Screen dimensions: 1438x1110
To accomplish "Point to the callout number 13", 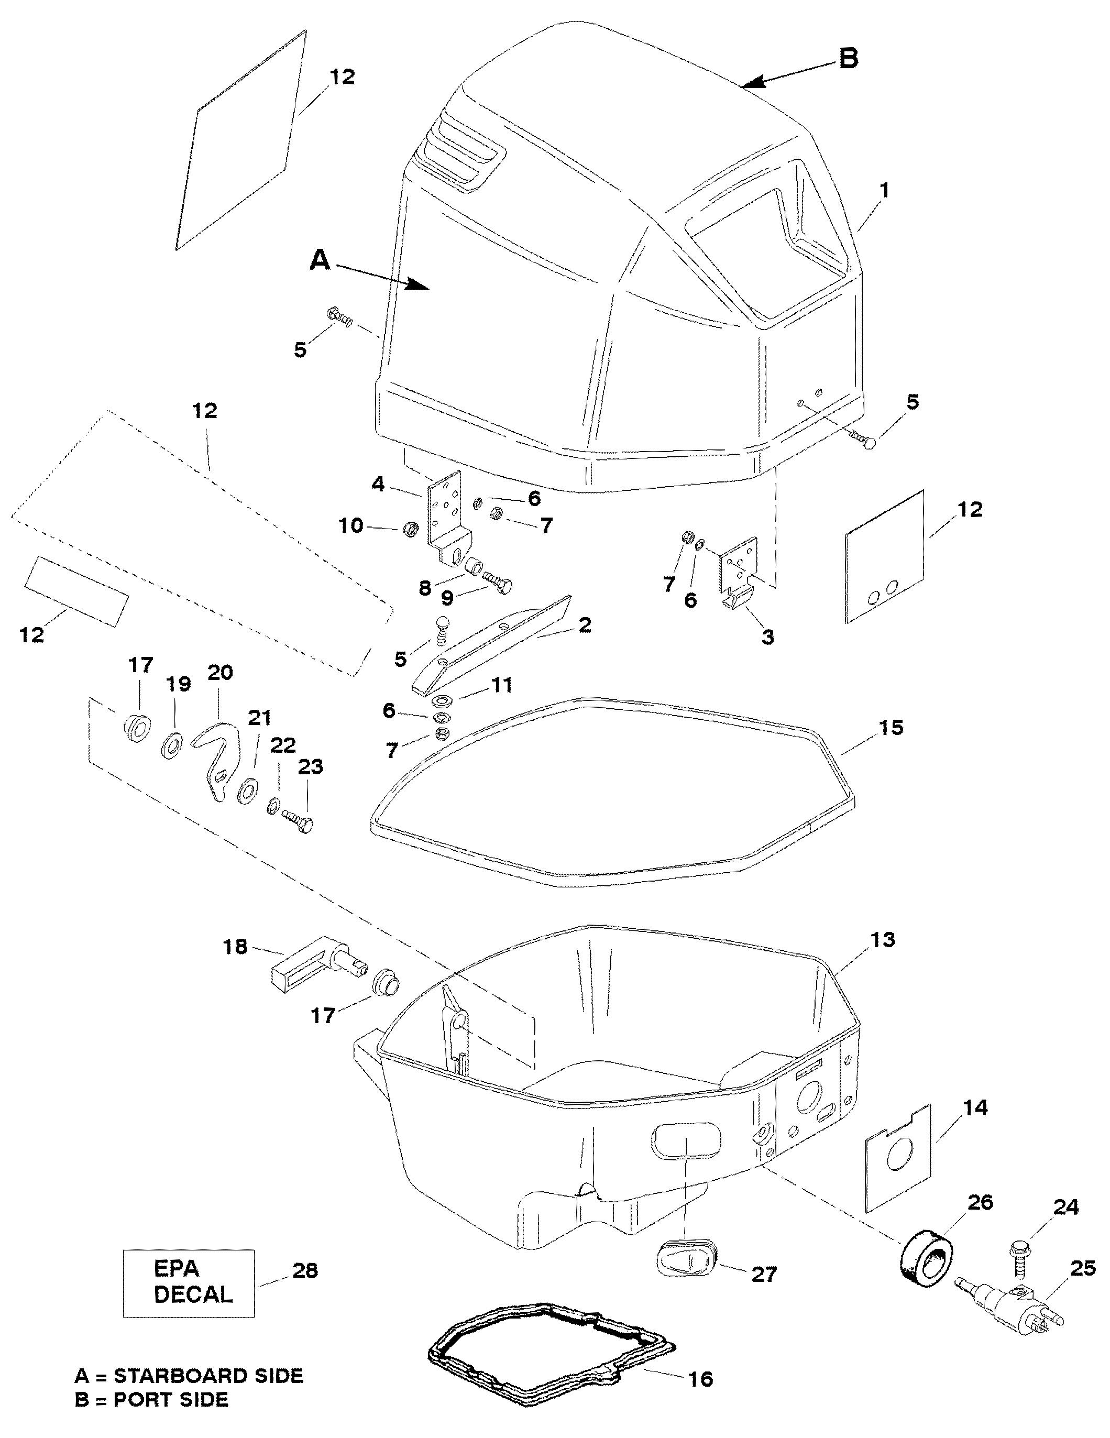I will (x=882, y=940).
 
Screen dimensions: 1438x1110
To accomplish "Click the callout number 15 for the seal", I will (x=890, y=728).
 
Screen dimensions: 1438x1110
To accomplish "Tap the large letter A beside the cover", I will (x=320, y=261).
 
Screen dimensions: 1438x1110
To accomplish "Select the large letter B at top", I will (x=849, y=59).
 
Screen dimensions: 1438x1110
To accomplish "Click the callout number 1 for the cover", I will (x=884, y=190).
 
